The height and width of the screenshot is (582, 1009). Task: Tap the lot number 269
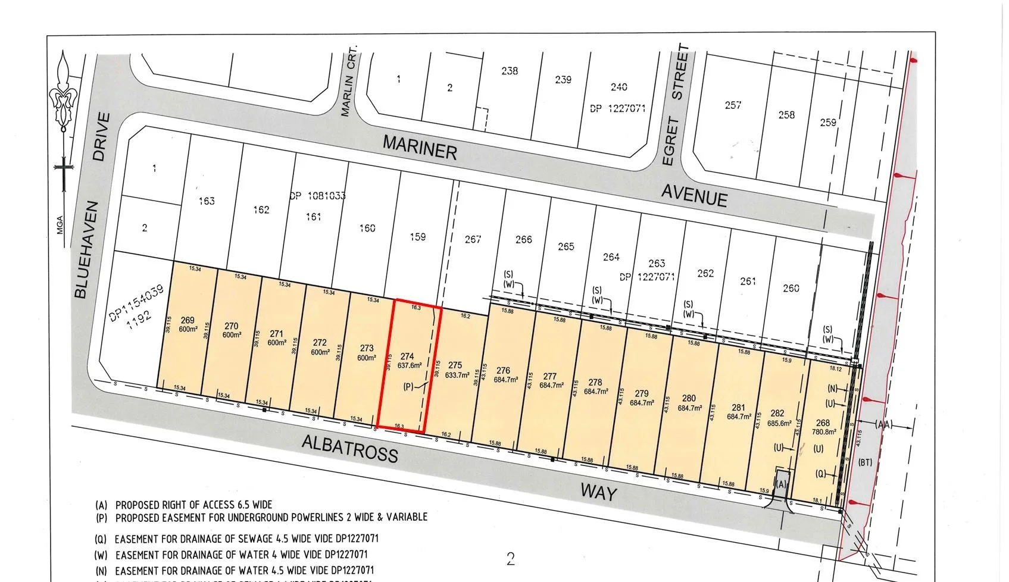coord(188,321)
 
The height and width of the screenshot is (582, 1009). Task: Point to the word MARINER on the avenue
coord(419,146)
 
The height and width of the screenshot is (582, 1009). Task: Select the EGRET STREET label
coord(675,106)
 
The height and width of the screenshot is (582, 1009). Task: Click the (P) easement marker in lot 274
coord(408,387)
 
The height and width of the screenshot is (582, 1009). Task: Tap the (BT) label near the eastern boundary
coord(865,462)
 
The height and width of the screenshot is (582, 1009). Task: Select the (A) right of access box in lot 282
coord(782,484)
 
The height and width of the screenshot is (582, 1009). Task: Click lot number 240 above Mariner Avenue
coord(618,87)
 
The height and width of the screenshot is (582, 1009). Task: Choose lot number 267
coord(473,239)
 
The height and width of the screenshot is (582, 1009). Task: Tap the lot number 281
coord(738,408)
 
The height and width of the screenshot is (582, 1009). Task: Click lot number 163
coord(207,201)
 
